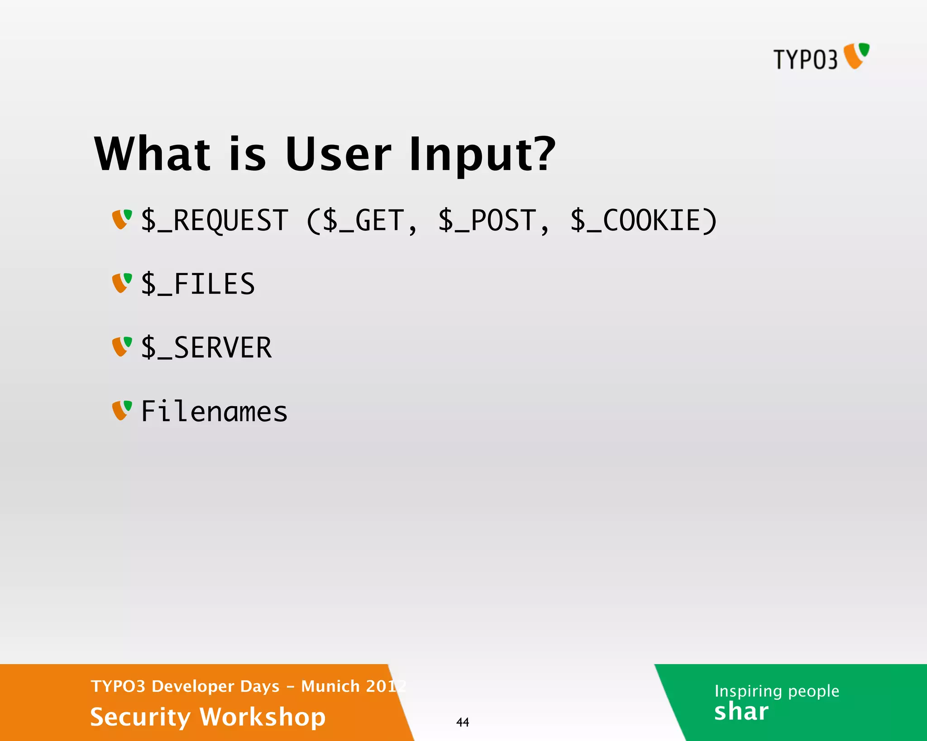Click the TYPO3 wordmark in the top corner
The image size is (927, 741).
click(805, 59)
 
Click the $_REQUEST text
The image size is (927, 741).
click(215, 221)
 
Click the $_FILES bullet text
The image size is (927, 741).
click(198, 285)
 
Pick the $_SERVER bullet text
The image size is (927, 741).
click(206, 348)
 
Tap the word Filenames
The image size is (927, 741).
click(214, 412)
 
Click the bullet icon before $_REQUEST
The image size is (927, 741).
click(122, 219)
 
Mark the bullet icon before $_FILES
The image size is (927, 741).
click(122, 283)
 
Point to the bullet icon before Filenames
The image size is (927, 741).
click(122, 410)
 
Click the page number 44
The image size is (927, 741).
click(463, 722)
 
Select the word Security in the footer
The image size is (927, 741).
click(140, 717)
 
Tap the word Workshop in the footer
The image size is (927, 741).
click(263, 717)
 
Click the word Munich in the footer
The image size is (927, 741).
click(330, 686)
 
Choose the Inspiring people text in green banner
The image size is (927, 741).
click(777, 691)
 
